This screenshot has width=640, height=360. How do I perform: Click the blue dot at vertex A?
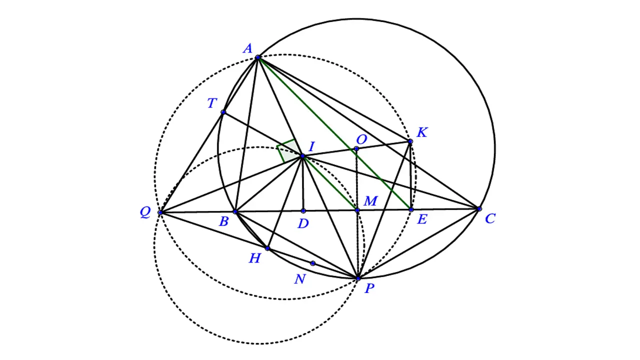pos(257,57)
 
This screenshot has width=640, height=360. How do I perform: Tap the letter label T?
pos(211,103)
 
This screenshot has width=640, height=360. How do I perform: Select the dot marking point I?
pos(302,156)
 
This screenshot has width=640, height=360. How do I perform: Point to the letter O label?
pos(361,139)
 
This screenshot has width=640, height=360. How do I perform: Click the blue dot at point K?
pos(410,141)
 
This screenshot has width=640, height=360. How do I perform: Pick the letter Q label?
pos(145,212)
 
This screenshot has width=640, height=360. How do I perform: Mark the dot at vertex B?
pos(235,211)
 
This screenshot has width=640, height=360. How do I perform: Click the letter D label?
pos(303,223)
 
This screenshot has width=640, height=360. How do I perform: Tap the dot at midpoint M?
pos(357,210)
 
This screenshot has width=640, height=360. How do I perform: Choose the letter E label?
pos(422,219)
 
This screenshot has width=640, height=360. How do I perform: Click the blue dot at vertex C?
pos(479,209)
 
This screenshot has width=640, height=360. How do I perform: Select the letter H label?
pos(255,258)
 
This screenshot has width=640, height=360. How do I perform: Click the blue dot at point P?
pos(358,278)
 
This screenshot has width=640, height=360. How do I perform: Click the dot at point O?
pos(356,148)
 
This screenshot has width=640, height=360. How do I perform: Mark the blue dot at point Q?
pos(160,212)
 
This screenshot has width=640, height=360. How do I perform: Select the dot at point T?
pos(223,112)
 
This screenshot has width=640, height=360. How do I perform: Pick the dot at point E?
pos(411,209)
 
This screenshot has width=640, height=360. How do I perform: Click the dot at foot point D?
pos(303,211)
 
